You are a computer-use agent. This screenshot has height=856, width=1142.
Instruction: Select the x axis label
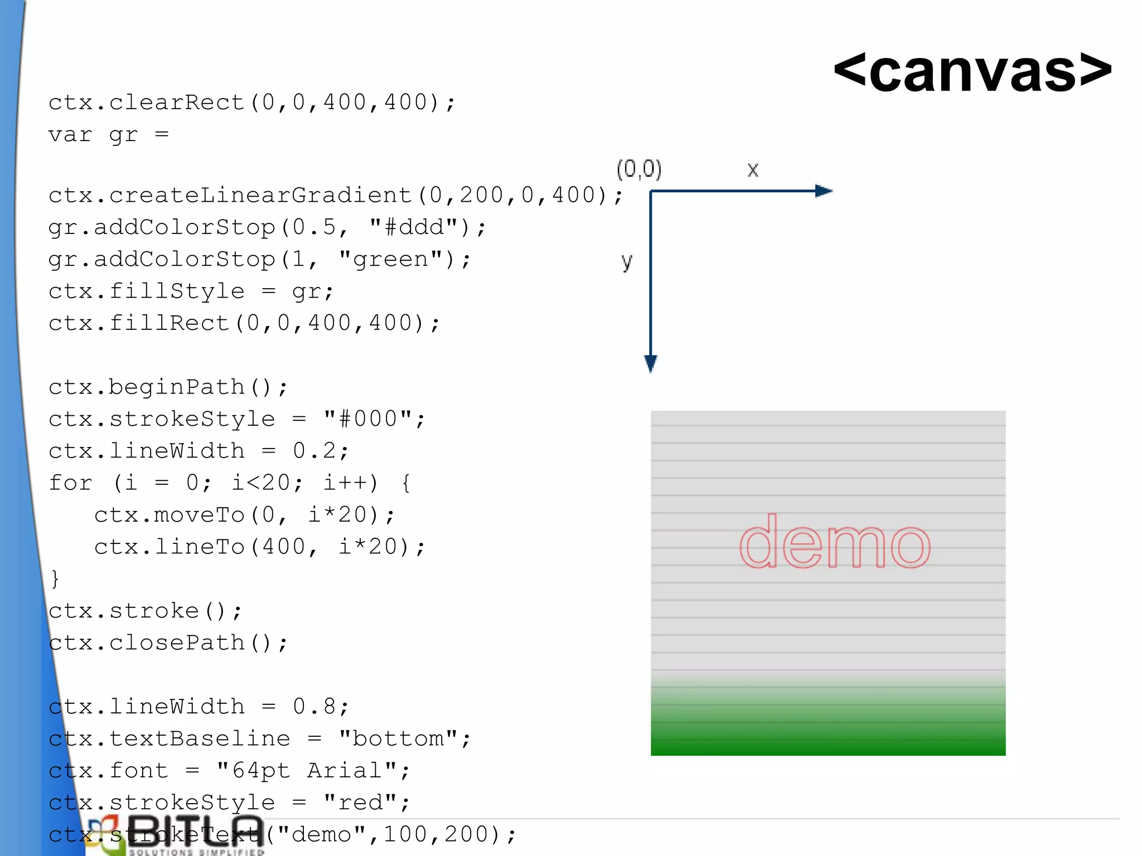(x=753, y=169)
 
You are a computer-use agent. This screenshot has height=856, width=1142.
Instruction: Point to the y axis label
(x=627, y=261)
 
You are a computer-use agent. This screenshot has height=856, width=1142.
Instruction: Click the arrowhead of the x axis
(x=824, y=191)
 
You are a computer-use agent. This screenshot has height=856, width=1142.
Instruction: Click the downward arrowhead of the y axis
(x=650, y=363)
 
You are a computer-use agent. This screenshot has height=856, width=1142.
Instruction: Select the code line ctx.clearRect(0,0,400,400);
(x=251, y=103)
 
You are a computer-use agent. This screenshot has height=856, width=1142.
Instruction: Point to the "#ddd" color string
(x=412, y=227)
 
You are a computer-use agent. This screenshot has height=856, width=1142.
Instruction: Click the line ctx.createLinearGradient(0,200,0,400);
(x=335, y=195)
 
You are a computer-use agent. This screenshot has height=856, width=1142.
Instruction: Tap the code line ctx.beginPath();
(x=168, y=387)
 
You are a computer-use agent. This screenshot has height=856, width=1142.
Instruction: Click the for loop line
(x=229, y=483)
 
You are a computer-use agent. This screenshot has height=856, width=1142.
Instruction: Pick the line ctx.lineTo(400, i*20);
(x=259, y=547)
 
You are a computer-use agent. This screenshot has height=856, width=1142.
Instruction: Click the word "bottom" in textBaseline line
(x=398, y=738)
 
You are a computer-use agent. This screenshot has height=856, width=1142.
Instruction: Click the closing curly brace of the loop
(x=55, y=578)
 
